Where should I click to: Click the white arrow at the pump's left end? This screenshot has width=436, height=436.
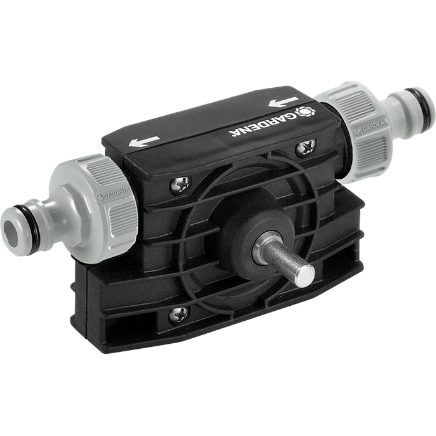click(x=144, y=142)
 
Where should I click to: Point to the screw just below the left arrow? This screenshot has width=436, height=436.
click(x=181, y=183)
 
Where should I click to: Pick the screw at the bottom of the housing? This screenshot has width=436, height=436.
click(x=179, y=313)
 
